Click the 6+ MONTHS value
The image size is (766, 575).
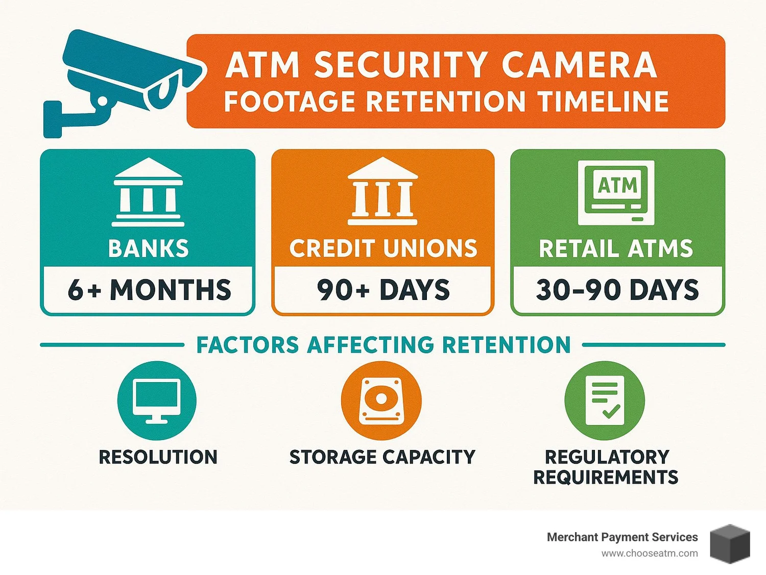[149, 290]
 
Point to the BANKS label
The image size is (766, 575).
[148, 248]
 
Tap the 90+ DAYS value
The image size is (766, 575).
[383, 290]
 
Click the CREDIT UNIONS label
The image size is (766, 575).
[383, 248]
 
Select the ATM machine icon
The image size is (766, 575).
[616, 192]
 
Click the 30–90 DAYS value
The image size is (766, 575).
[617, 290]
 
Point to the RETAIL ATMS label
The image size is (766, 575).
[616, 248]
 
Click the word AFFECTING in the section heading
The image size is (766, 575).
[370, 345]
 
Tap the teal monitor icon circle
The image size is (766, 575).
[157, 401]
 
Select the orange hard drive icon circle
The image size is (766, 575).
[381, 401]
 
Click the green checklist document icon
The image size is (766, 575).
[605, 401]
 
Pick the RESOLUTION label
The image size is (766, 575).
[158, 457]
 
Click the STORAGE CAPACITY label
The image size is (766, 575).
[382, 457]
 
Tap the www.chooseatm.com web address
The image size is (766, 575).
[649, 554]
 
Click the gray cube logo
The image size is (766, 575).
[730, 544]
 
